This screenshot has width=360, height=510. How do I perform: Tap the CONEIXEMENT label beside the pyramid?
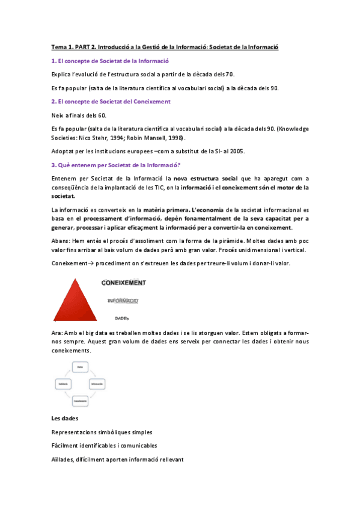click(123, 281)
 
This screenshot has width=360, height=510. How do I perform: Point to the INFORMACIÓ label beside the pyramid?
click(123, 300)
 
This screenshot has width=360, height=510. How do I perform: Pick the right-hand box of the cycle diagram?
click(97, 383)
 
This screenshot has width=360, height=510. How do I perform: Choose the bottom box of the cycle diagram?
click(80, 400)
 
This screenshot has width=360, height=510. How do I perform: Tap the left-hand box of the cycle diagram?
click(63, 383)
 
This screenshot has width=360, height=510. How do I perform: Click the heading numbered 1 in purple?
click(110, 61)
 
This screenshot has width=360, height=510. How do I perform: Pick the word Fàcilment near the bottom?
click(66, 446)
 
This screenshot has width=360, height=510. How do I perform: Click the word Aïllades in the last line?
click(64, 459)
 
